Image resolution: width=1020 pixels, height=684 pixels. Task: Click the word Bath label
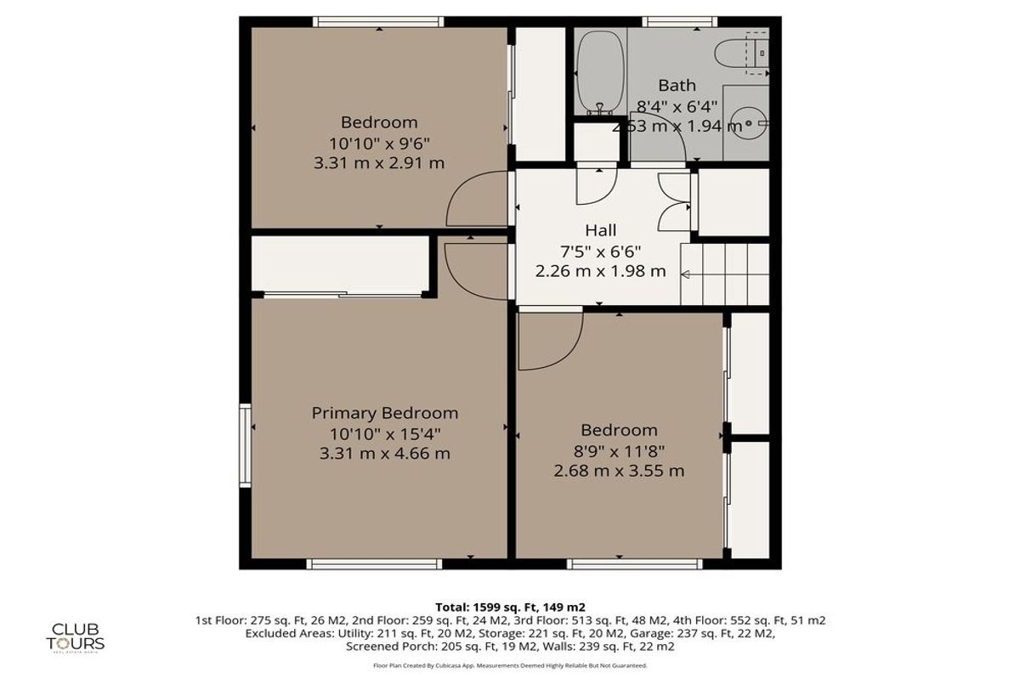[x=677, y=85]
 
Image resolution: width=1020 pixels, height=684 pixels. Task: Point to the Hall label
[x=600, y=229]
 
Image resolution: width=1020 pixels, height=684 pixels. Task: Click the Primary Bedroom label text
[x=384, y=413]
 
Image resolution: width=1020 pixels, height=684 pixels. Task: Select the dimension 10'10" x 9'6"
[x=379, y=142]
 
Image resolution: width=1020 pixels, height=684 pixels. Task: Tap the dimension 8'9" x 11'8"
[x=619, y=450]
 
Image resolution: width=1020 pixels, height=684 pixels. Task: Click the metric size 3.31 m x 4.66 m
[x=384, y=454]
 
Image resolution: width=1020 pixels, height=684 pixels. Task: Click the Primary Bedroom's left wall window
[x=246, y=445]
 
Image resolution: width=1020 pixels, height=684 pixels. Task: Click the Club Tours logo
[x=77, y=635]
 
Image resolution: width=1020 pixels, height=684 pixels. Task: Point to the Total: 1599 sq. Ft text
[x=510, y=607]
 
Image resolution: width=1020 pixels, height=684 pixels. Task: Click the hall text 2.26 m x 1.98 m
[x=600, y=272]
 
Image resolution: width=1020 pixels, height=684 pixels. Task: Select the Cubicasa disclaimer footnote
[x=510, y=665]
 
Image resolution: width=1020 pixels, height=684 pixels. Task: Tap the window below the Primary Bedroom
[x=374, y=563]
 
